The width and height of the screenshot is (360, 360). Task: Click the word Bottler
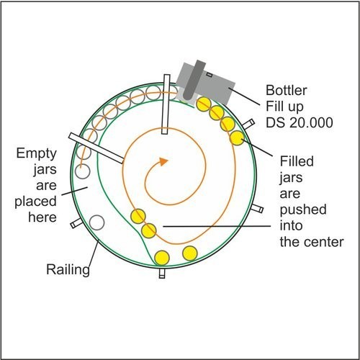(287, 91)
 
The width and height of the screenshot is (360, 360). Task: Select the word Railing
(68, 270)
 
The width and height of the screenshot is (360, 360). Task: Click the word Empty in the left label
(37, 153)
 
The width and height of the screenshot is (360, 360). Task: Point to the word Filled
(297, 161)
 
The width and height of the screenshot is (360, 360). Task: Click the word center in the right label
(323, 242)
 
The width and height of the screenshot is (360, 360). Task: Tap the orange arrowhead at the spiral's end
(163, 161)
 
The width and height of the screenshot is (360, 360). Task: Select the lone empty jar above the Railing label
(96, 222)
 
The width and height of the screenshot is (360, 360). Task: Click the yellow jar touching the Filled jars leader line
(238, 138)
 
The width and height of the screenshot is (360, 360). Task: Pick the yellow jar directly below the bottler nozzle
(204, 104)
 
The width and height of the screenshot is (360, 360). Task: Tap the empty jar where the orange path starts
(82, 171)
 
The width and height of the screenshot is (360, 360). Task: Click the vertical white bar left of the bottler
(166, 104)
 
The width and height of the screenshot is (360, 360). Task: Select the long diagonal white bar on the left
(96, 148)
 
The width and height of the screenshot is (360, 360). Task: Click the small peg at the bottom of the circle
(162, 273)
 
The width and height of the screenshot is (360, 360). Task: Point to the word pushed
(303, 210)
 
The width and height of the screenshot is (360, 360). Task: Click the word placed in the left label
(35, 202)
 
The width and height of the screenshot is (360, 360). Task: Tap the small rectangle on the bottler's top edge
(210, 75)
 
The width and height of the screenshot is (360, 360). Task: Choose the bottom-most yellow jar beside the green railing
(162, 258)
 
